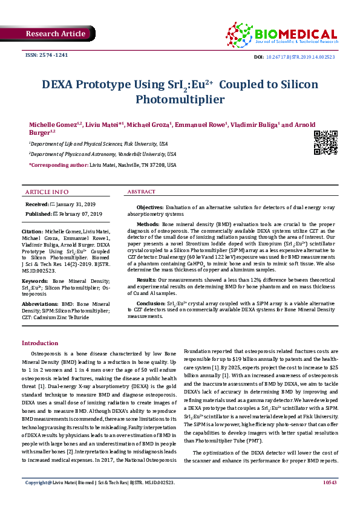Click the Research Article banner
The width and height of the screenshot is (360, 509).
56,34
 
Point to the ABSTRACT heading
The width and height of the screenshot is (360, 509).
141,192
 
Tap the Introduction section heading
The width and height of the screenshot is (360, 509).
40,343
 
